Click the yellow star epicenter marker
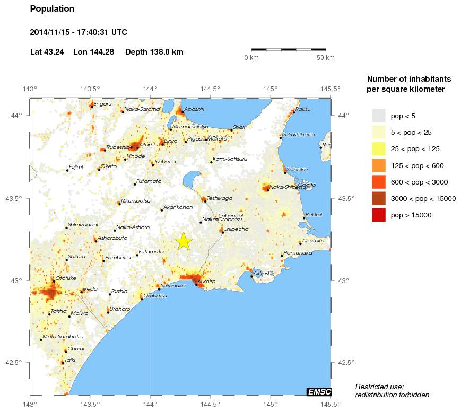tap(183, 241)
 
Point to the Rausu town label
tap(303, 109)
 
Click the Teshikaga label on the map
tap(220, 198)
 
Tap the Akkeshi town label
tap(263, 274)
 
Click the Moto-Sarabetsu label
tap(63, 337)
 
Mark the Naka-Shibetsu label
tap(288, 187)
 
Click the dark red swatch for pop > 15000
tap(378, 215)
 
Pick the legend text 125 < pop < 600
tap(417, 166)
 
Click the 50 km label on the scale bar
tap(326, 57)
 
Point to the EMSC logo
tap(319, 391)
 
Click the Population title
tap(52, 9)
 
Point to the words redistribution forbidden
tap(392, 395)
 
